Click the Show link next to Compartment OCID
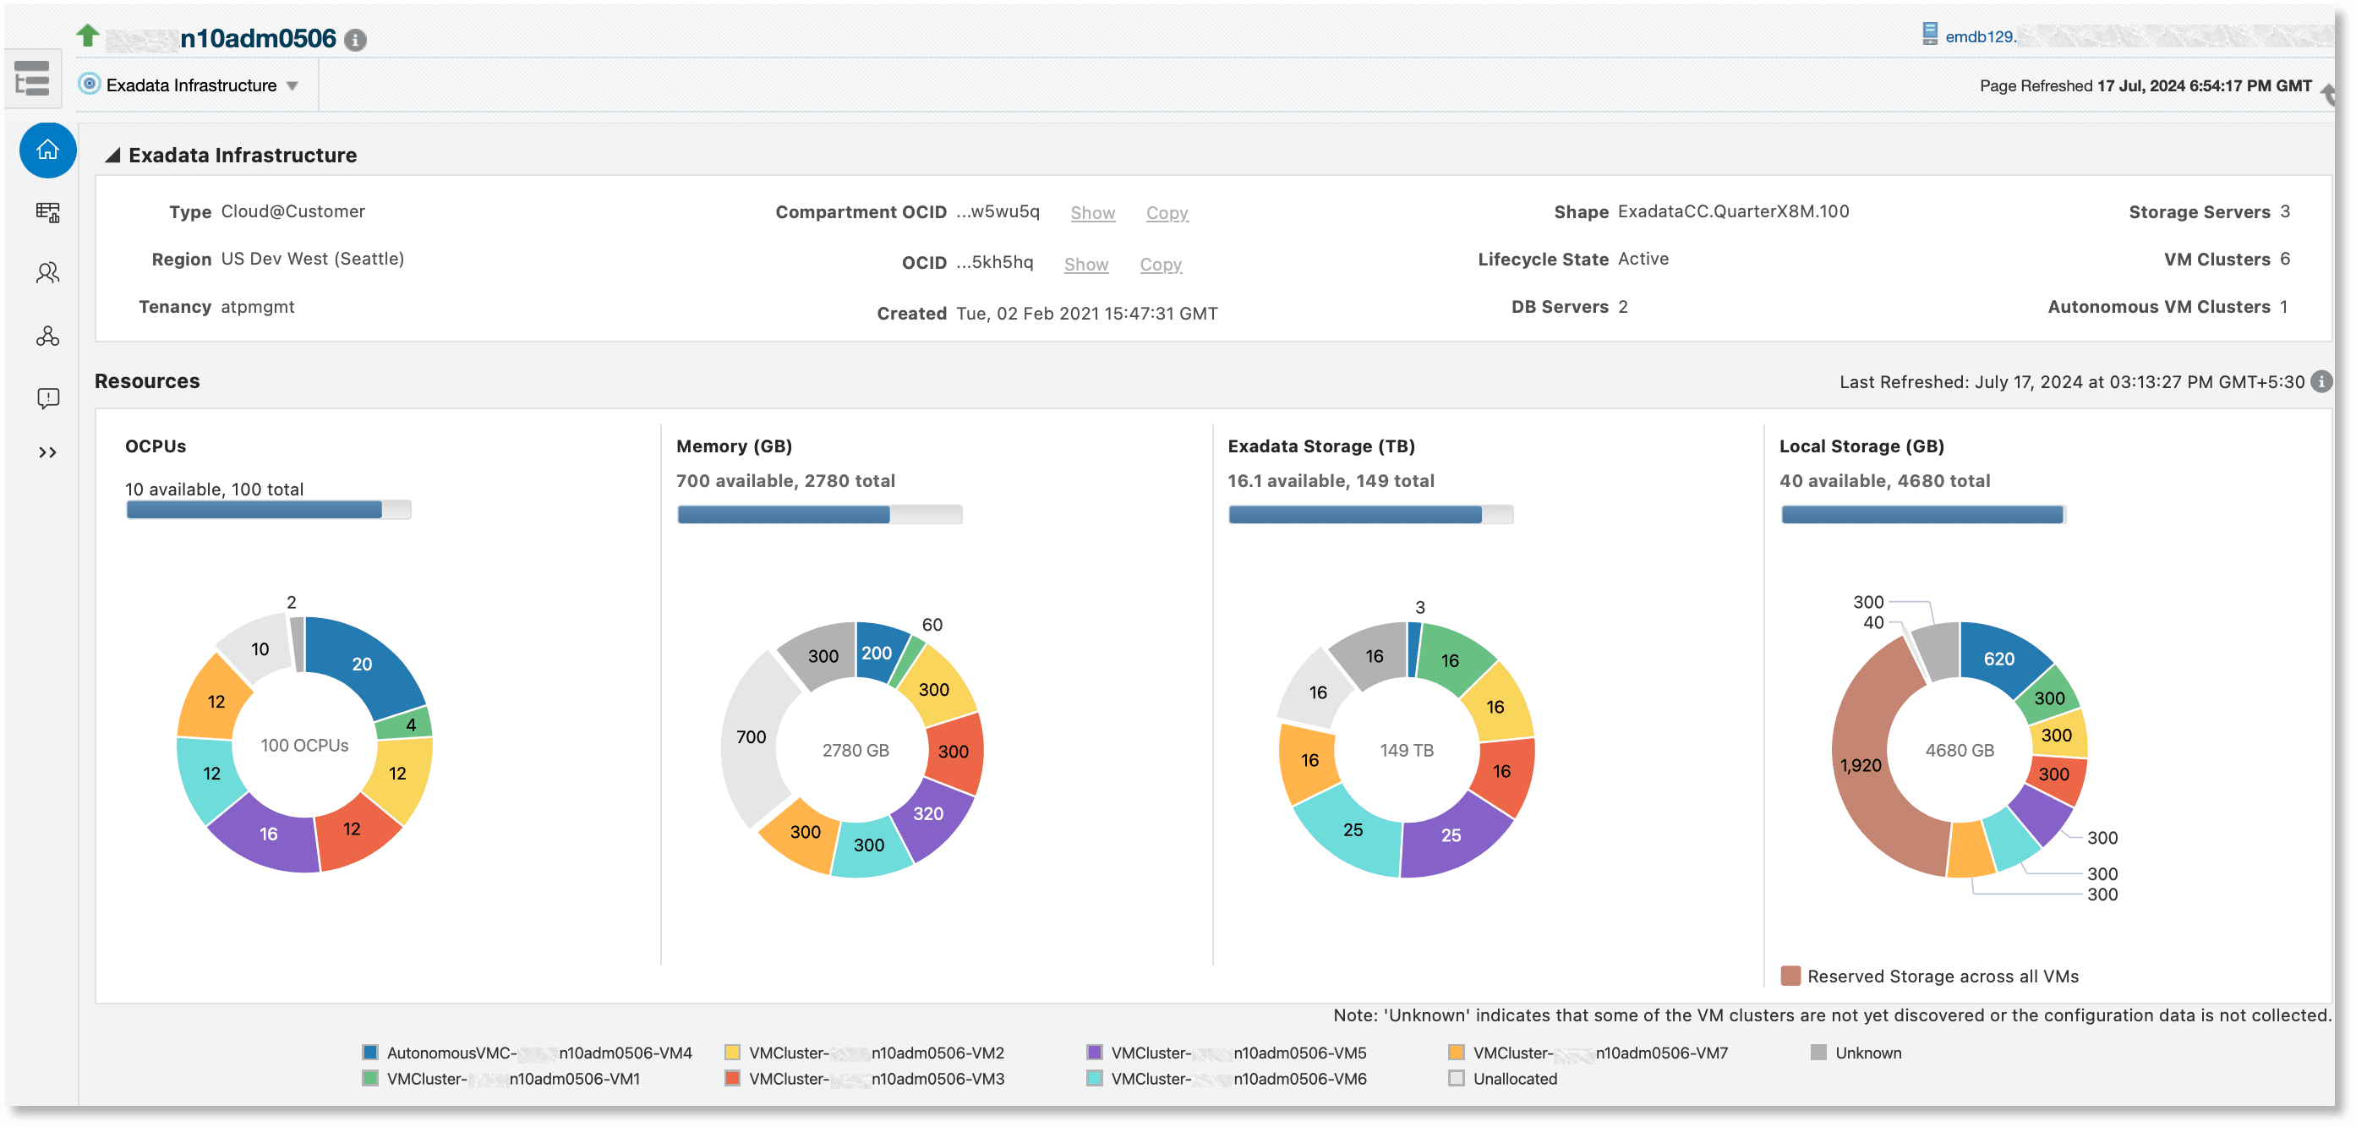click(x=1092, y=212)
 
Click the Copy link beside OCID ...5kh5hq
click(x=1160, y=265)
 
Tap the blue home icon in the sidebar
click(x=47, y=150)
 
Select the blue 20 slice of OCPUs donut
click(x=362, y=665)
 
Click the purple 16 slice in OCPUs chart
click(x=268, y=834)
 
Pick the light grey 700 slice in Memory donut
click(x=751, y=736)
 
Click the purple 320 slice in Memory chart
click(x=927, y=813)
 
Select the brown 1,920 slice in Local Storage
click(x=1861, y=765)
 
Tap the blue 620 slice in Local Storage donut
click(x=1998, y=659)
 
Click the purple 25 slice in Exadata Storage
click(x=1451, y=835)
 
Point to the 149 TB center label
click(x=1406, y=750)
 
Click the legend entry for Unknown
click(x=1867, y=1053)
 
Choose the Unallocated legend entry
click(x=1514, y=1079)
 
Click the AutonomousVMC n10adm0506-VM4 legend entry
click(x=538, y=1053)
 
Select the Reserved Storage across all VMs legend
click(x=1942, y=976)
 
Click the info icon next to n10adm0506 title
click(x=356, y=40)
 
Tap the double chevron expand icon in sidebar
click(x=47, y=451)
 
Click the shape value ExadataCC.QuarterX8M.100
click(x=1732, y=211)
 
